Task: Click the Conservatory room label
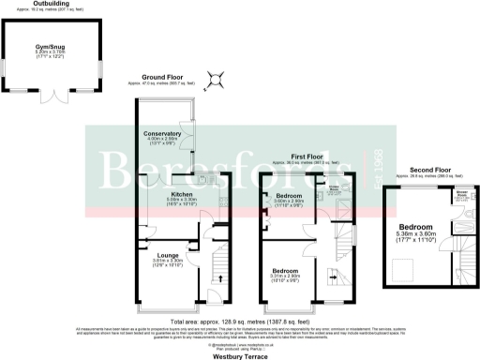click(x=162, y=134)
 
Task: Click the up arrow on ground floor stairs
click(x=221, y=278)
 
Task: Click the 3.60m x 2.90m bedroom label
click(x=293, y=196)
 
